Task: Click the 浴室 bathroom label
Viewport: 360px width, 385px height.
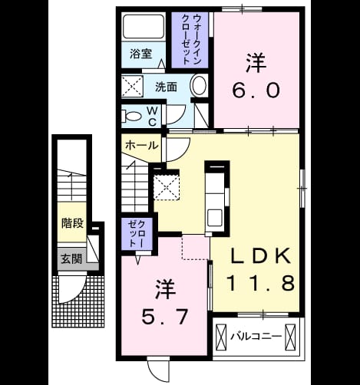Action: pyautogui.click(x=140, y=54)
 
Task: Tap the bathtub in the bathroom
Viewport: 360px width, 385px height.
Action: pyautogui.click(x=144, y=26)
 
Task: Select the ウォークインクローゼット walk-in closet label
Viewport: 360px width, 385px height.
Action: pyautogui.click(x=190, y=39)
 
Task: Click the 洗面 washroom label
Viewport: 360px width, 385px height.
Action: pyautogui.click(x=166, y=87)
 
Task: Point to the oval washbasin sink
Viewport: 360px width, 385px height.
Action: pyautogui.click(x=200, y=85)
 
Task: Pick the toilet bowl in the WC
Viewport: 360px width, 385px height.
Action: pyautogui.click(x=131, y=117)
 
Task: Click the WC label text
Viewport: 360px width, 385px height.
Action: pyautogui.click(x=153, y=117)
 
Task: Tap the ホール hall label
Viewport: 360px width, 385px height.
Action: pyautogui.click(x=141, y=146)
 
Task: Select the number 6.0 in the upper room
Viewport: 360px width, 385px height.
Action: pyautogui.click(x=256, y=90)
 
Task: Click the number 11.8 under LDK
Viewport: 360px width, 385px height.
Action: pyautogui.click(x=260, y=283)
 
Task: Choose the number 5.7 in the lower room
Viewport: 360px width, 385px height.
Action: pyautogui.click(x=165, y=316)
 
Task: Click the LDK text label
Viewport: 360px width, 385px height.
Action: pyautogui.click(x=261, y=255)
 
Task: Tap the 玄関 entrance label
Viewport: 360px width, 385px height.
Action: pyautogui.click(x=71, y=259)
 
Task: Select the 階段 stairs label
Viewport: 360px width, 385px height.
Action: pyautogui.click(x=73, y=223)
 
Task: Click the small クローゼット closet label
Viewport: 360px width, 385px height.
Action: pyautogui.click(x=137, y=234)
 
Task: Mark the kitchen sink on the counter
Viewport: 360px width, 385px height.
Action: pyautogui.click(x=215, y=217)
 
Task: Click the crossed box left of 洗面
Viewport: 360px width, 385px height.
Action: pyautogui.click(x=132, y=86)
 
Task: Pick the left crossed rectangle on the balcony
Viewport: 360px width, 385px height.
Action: pyautogui.click(x=221, y=337)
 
